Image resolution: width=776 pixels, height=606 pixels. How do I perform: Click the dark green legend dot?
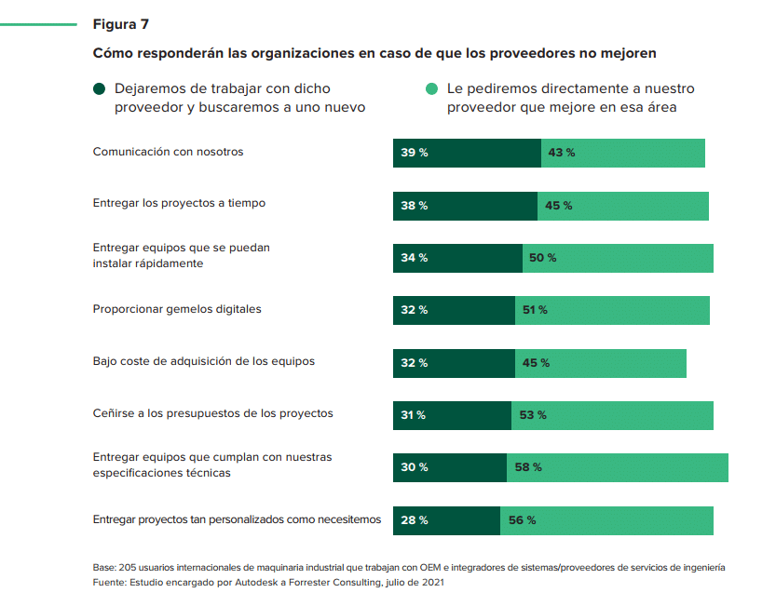point(99,89)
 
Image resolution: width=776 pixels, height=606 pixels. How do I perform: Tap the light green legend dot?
point(431,89)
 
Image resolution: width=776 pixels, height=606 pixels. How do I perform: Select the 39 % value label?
point(415,153)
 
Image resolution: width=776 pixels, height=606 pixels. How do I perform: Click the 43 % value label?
point(562,153)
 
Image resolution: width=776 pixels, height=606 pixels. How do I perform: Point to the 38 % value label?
point(415,206)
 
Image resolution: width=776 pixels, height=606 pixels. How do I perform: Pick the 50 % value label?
point(542,258)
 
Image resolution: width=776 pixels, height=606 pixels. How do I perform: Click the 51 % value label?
point(535,310)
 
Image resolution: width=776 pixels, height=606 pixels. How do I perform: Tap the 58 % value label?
point(527,467)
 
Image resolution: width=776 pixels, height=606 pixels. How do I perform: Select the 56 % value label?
point(522,520)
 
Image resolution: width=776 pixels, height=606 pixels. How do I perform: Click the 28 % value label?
point(415,520)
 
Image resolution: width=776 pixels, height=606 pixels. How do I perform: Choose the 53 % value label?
point(533,415)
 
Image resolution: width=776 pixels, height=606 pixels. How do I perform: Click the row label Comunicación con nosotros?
point(168,152)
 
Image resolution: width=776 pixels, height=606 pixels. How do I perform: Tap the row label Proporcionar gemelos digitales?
point(177,309)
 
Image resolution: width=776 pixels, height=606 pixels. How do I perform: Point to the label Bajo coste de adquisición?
point(203,361)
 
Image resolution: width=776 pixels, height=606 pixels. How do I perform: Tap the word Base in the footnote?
point(104,567)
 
